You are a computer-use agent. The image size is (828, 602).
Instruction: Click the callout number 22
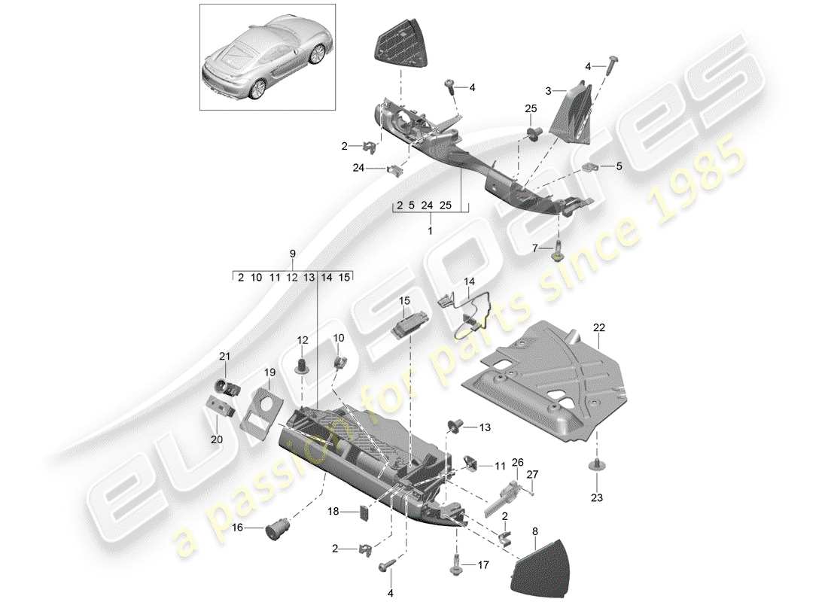tap(598, 327)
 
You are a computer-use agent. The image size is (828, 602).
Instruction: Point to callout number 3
tap(549, 91)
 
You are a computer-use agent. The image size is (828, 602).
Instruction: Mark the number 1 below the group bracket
tap(430, 233)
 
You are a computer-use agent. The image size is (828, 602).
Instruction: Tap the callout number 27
tap(533, 474)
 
